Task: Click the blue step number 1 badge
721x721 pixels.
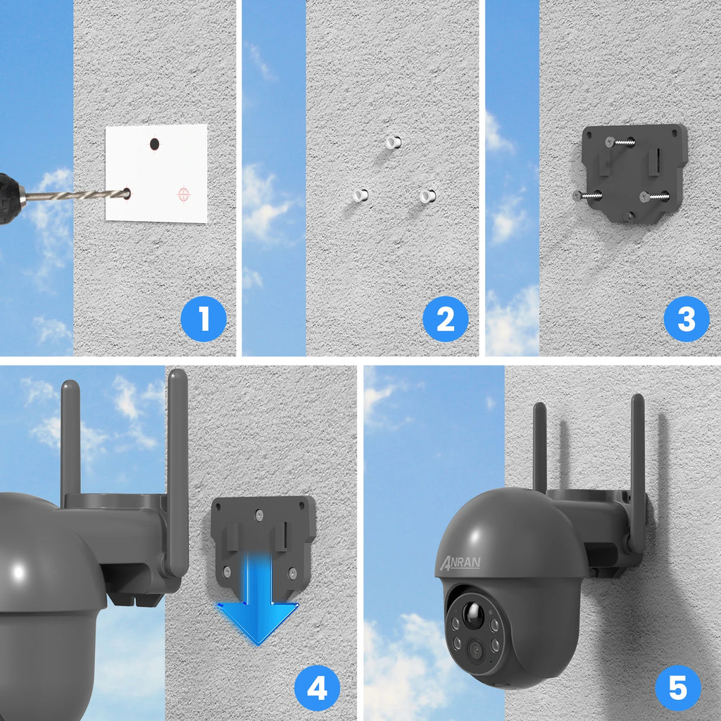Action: point(203,319)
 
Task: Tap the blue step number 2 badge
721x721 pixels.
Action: point(445,319)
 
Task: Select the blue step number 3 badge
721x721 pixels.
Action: point(686,319)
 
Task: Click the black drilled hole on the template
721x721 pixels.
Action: point(154,144)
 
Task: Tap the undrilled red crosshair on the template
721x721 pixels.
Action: point(184,193)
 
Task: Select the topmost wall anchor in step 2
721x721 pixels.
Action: point(393,142)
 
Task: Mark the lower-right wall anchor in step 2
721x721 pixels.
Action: point(427,196)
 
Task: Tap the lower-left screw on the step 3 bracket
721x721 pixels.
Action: point(588,196)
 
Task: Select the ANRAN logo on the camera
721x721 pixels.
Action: point(460,561)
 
